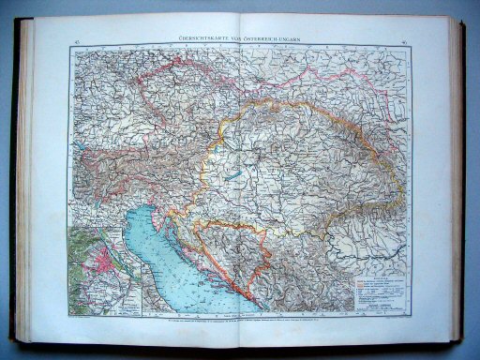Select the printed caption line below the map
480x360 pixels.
point(246,322)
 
